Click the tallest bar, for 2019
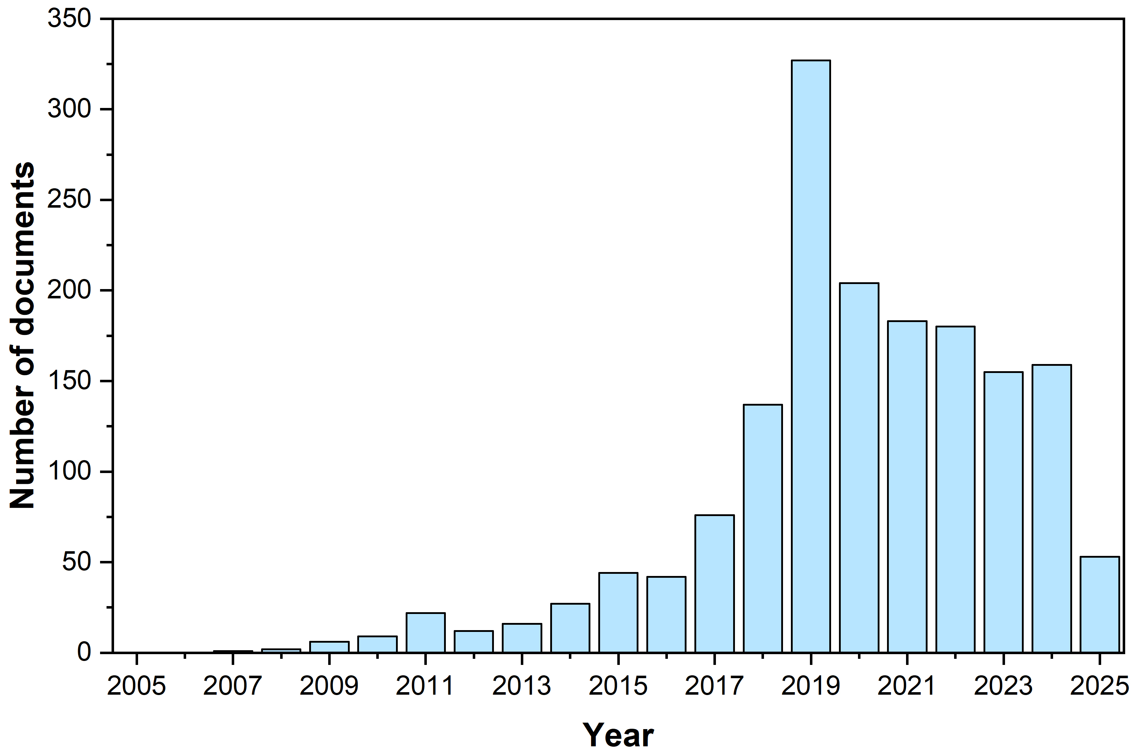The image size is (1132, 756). point(811,356)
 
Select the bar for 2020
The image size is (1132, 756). point(859,468)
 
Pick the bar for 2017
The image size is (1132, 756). point(714,584)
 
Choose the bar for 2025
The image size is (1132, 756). point(1100,605)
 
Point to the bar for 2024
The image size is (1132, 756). point(1052,509)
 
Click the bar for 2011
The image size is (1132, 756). point(426,633)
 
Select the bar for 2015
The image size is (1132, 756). point(618,613)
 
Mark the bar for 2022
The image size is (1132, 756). point(956,490)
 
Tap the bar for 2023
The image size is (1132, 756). point(1003,512)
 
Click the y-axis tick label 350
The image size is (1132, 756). point(70,19)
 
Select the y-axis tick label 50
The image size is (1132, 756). point(77,562)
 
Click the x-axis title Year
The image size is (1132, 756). point(618,735)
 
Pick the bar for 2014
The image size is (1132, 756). point(570,628)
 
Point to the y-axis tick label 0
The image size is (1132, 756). point(84,653)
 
